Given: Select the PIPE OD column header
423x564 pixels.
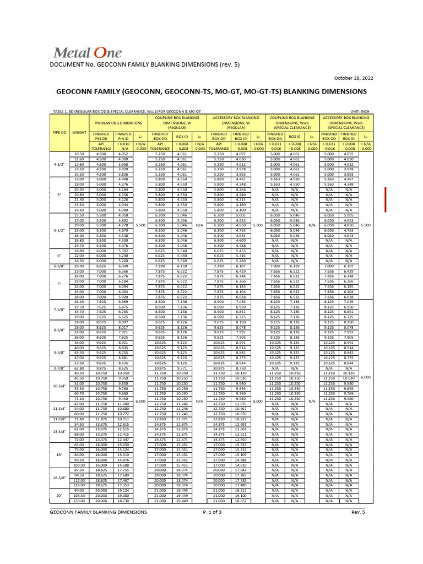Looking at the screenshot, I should click(x=59, y=132).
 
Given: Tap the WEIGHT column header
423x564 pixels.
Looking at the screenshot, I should click(x=79, y=132).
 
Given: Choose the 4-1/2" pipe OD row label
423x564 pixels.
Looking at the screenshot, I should click(x=59, y=164).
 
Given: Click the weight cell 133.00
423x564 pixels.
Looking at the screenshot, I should click(x=79, y=501).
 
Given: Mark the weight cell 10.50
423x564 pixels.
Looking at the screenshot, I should click(x=79, y=154).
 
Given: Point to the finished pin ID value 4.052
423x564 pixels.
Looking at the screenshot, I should click(x=123, y=154).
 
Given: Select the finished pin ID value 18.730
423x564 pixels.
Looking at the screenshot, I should click(x=123, y=501).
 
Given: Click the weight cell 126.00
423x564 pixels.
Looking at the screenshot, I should click(x=79, y=485).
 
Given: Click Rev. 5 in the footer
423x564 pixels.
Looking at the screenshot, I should click(x=359, y=512).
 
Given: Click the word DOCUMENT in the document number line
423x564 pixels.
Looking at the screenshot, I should click(x=67, y=65).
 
